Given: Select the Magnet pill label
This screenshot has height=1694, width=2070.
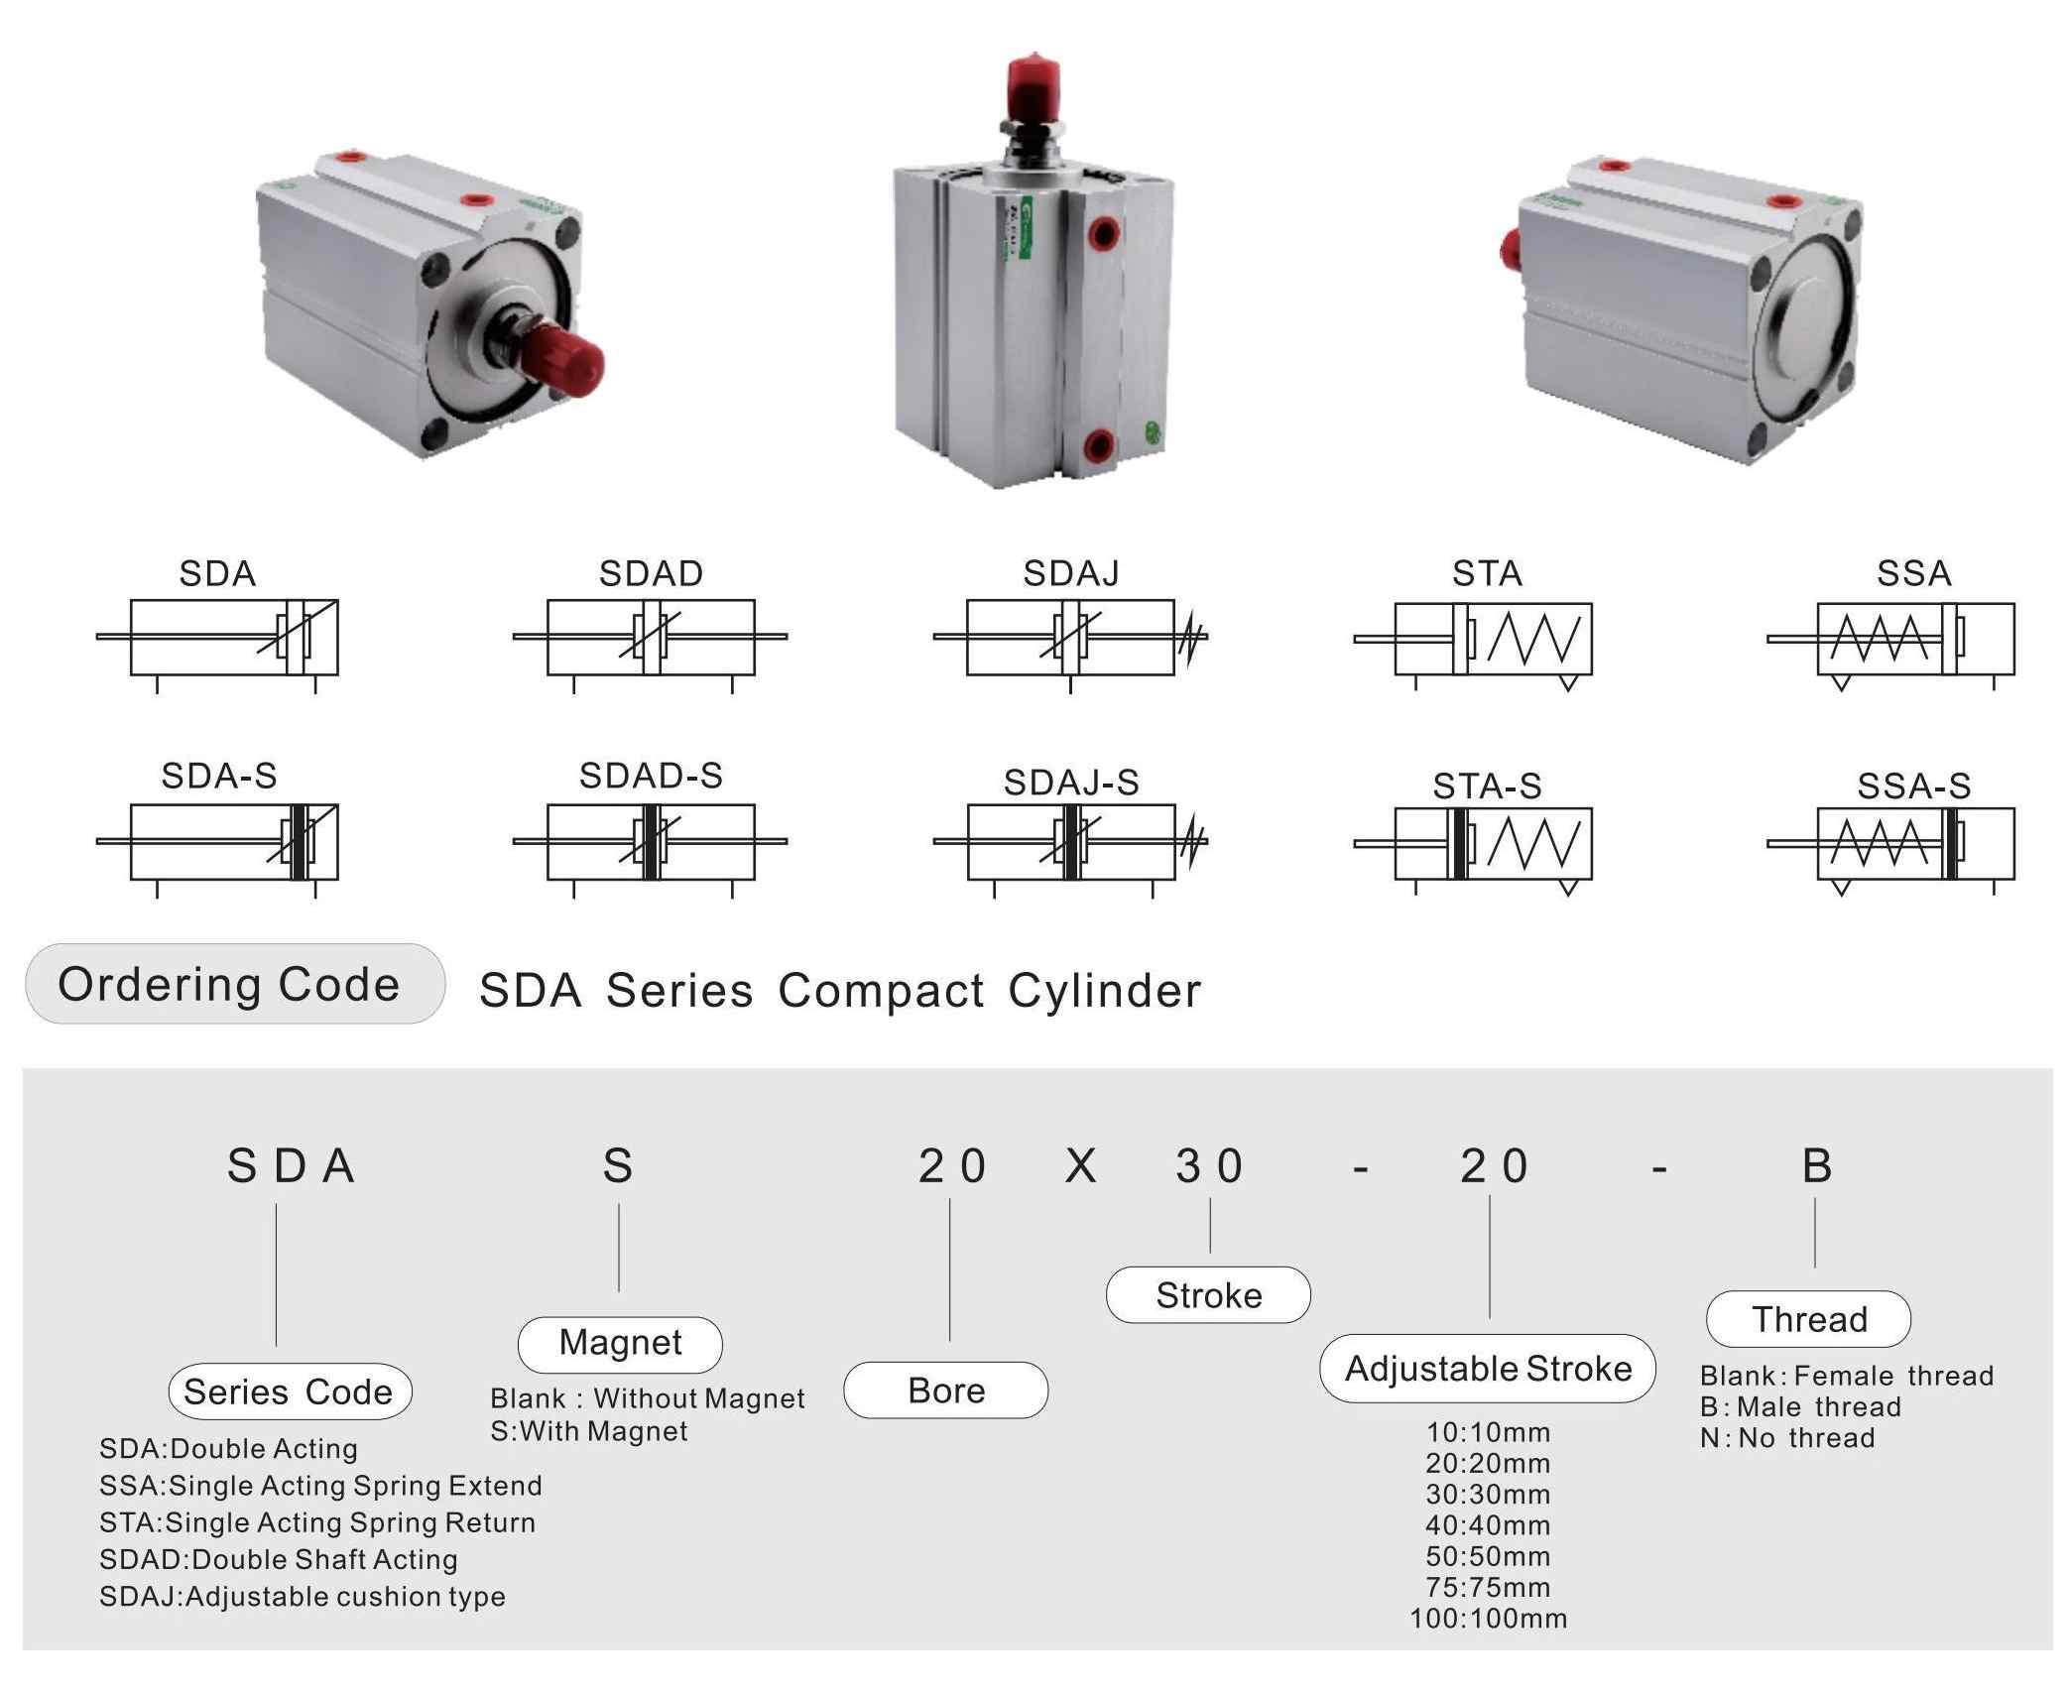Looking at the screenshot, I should pos(620,1343).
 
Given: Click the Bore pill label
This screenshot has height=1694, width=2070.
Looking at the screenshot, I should pos(945,1391).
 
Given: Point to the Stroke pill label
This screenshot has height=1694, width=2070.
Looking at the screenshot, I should pos(1208,1295).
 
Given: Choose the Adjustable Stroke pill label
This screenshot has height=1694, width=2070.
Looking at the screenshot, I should pos(1488,1369).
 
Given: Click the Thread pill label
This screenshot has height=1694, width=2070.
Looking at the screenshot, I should pos(1808,1319).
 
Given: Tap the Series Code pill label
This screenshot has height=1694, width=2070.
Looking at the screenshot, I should pos(290,1391).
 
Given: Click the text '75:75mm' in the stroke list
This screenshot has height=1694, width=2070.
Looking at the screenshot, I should pos(1488,1588).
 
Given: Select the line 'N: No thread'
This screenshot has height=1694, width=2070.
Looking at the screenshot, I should pos(1786,1438).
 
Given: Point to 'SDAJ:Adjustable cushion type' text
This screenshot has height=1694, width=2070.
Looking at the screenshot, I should pos(303,1597).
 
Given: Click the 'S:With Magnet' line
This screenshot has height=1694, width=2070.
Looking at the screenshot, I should pos(589,1431).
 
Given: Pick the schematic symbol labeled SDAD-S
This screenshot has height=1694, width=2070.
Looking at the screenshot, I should pos(651,842).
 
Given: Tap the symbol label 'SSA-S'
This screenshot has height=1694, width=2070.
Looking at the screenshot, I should pos(1913,786).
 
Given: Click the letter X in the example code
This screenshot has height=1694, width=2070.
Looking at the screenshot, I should pos(1080,1166).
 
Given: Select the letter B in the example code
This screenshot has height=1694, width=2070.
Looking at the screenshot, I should pos(1816,1166).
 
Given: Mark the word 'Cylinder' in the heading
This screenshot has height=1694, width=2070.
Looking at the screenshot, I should pos(1104,991).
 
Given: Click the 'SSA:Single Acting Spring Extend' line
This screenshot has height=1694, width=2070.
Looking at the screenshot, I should pos(320,1486).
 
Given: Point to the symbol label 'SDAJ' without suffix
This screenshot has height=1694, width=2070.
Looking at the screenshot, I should pos(1071,573).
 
